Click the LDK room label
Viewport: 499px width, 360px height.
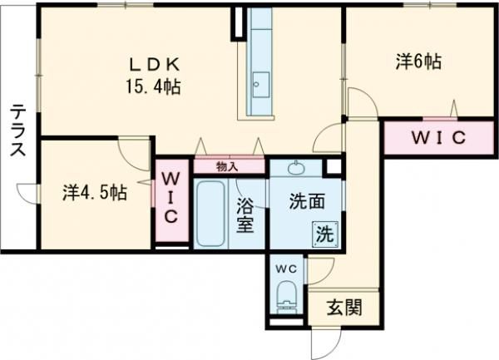154,64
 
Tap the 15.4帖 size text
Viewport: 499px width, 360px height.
154,85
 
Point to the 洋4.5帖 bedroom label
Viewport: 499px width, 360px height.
94,192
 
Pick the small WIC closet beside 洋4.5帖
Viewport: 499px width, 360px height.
171,198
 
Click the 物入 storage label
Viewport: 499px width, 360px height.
227,166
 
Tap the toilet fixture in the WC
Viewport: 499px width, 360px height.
287,294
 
